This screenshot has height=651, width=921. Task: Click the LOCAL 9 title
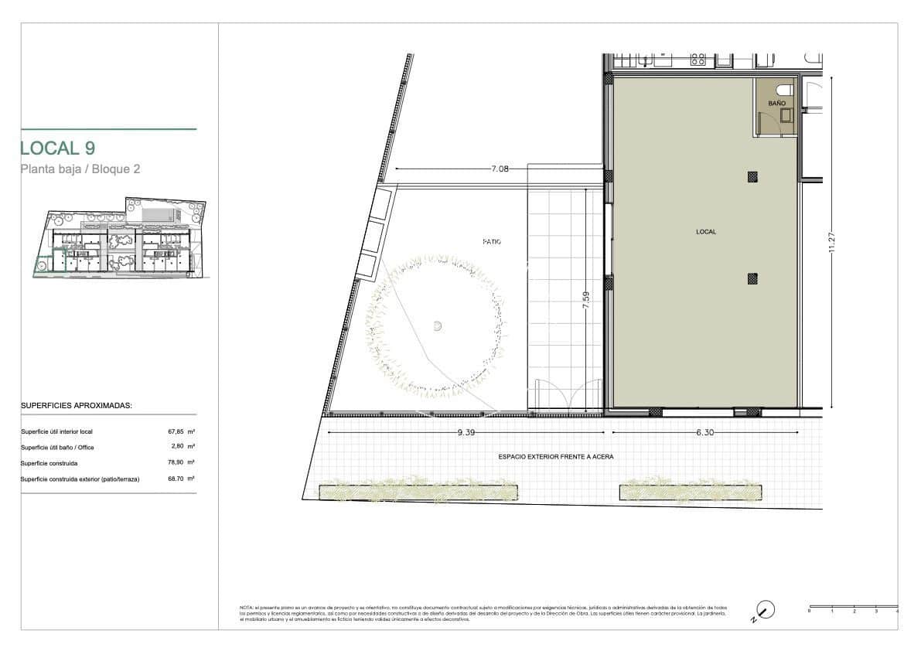[x=58, y=148]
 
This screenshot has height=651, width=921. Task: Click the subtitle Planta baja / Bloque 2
[x=80, y=169]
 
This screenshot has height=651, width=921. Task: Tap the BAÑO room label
[x=776, y=103]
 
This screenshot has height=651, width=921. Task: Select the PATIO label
[x=491, y=241]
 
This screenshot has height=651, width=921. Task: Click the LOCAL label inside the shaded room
[x=705, y=231]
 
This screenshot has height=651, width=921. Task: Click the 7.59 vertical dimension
[x=586, y=300]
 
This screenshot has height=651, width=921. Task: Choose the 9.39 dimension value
[x=466, y=433]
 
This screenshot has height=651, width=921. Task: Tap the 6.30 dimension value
[x=704, y=433]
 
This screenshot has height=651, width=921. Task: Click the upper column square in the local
[x=752, y=177]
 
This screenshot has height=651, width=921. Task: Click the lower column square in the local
[x=752, y=279]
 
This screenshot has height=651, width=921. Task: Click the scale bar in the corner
[x=853, y=607]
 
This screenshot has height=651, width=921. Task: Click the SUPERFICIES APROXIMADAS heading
[x=77, y=405]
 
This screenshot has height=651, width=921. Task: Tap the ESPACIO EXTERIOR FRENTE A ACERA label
[x=555, y=457]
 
